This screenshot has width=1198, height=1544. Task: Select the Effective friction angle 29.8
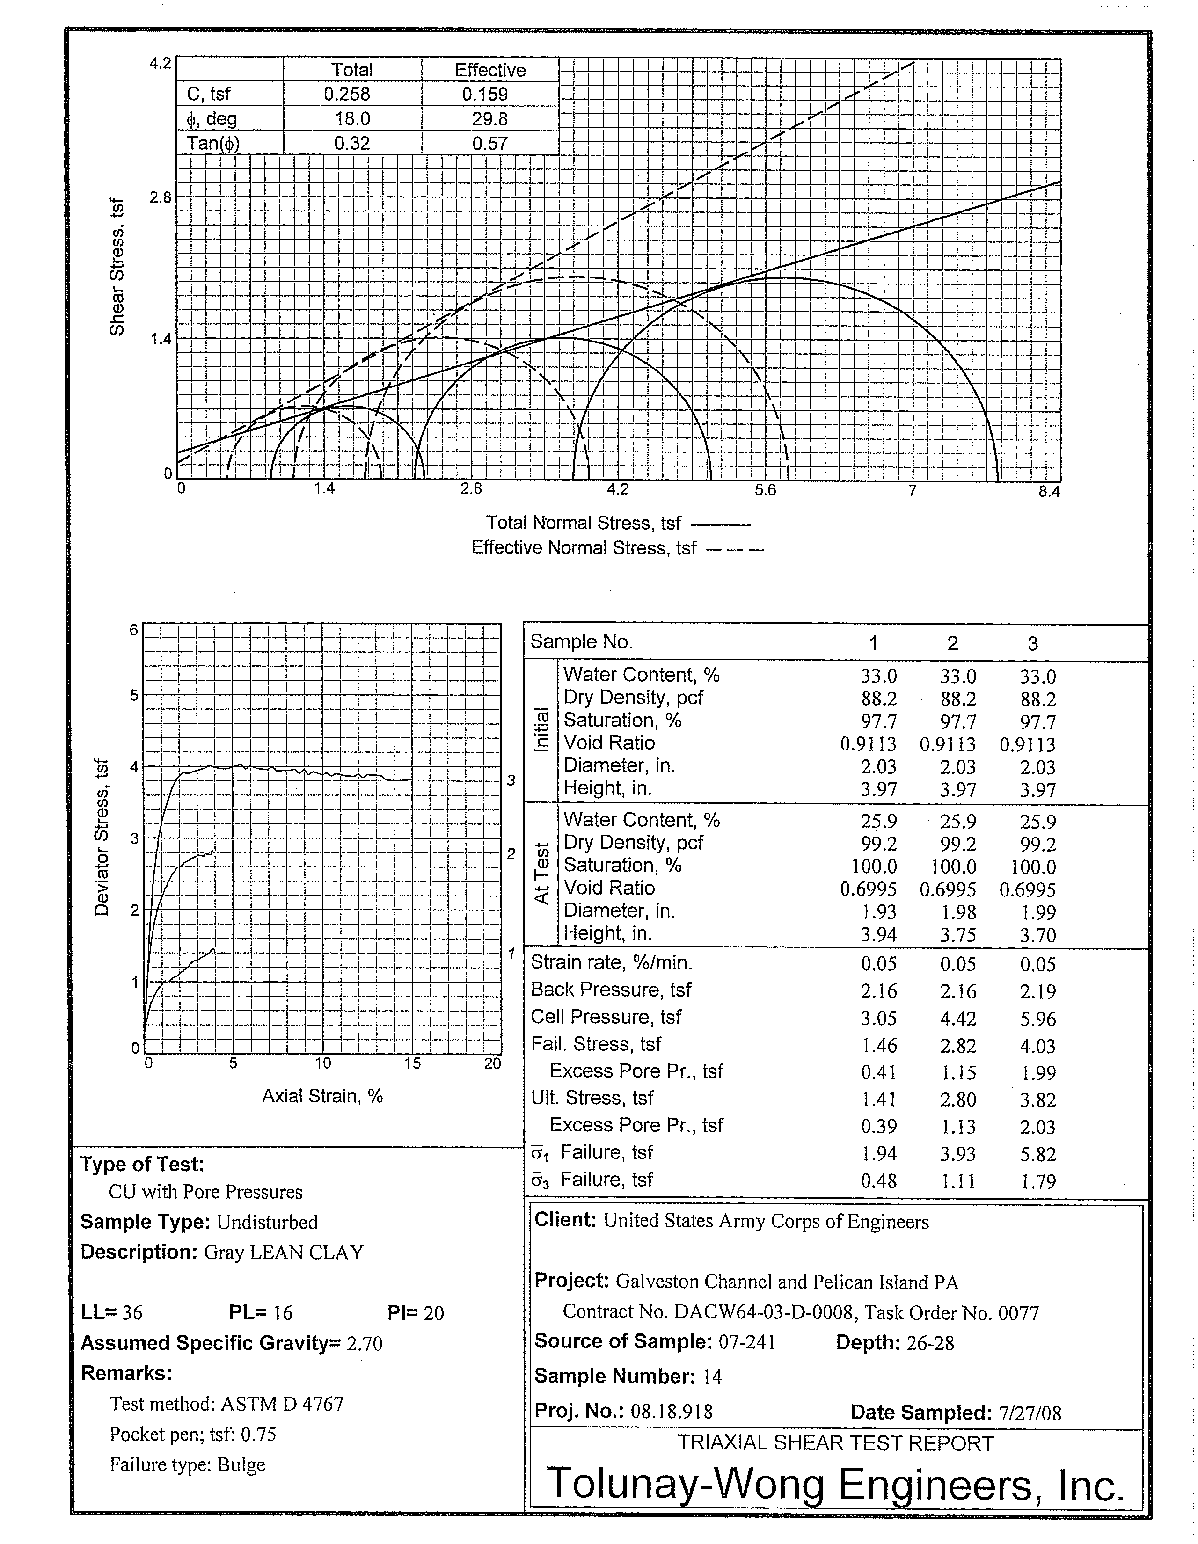click(489, 119)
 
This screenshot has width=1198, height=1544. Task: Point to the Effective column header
click(489, 70)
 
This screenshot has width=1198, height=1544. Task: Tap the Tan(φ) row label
click(213, 144)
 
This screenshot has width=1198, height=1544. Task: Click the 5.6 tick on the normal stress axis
click(765, 490)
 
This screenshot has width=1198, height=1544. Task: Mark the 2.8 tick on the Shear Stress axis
click(161, 198)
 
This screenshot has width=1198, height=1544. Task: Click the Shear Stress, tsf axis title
click(117, 267)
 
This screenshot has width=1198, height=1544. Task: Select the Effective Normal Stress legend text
click(584, 548)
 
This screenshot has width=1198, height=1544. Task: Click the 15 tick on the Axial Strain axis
click(412, 1063)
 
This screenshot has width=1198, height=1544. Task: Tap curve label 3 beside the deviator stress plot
click(511, 780)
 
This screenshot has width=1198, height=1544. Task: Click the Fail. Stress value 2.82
click(958, 1046)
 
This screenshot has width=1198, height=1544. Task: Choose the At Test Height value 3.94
click(878, 935)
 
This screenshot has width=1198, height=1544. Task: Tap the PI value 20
click(433, 1313)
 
